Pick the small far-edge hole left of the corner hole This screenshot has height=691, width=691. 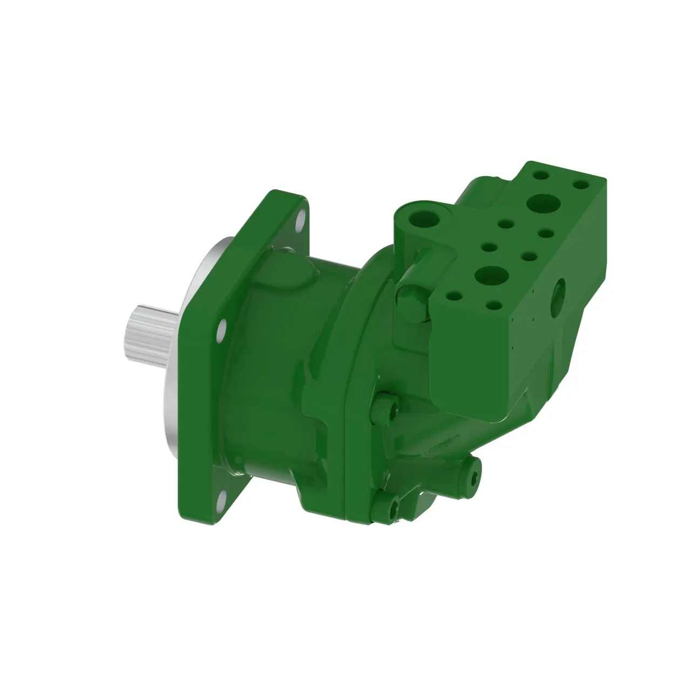click(x=540, y=175)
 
